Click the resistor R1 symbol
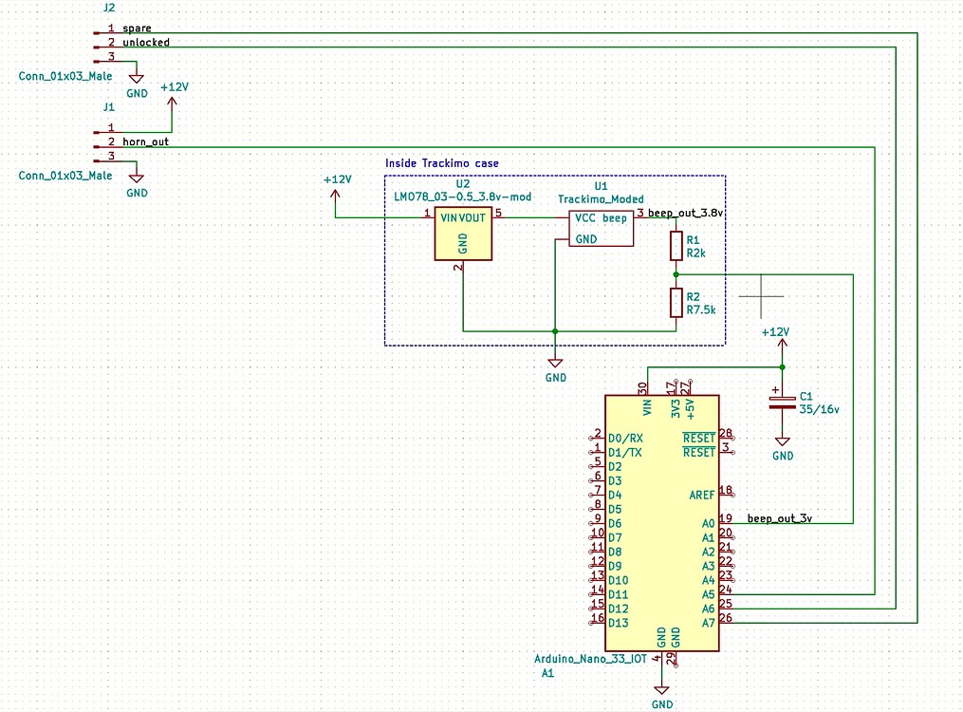coord(676,247)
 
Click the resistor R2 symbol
coord(676,303)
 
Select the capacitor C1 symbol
coord(782,402)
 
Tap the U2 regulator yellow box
coord(463,234)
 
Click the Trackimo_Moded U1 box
coord(602,228)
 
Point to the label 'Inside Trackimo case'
coord(442,163)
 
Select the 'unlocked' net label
coord(146,43)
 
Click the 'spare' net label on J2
coord(137,28)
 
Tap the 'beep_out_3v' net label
coord(780,518)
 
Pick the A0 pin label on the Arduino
coord(708,524)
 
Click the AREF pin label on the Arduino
coord(702,495)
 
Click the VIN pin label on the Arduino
coord(648,408)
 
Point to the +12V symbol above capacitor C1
coord(775,334)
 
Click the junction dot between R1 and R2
coord(676,274)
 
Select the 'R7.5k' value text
coord(700,309)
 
